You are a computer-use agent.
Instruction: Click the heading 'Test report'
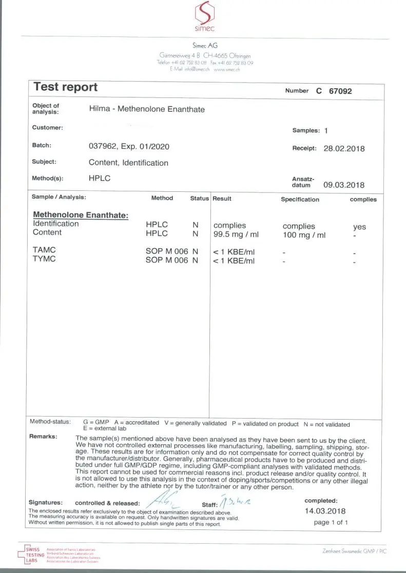click(65, 87)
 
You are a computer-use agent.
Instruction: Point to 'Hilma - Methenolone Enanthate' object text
click(147, 109)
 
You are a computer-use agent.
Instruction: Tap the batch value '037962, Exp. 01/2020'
click(129, 146)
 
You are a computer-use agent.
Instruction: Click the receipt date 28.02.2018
click(344, 148)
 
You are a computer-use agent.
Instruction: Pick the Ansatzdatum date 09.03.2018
click(344, 185)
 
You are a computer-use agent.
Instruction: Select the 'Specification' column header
click(300, 200)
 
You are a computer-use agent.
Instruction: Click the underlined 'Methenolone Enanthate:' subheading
click(81, 215)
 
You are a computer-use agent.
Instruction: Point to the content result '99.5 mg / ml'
click(236, 234)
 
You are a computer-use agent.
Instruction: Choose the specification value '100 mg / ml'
click(304, 235)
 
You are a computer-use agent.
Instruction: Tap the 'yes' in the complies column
click(359, 227)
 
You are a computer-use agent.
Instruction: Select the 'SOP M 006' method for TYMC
click(168, 260)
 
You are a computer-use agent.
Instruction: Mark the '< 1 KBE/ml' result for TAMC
click(234, 252)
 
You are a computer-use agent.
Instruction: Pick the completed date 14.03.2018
click(325, 511)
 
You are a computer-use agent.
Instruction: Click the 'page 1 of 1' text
click(331, 522)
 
